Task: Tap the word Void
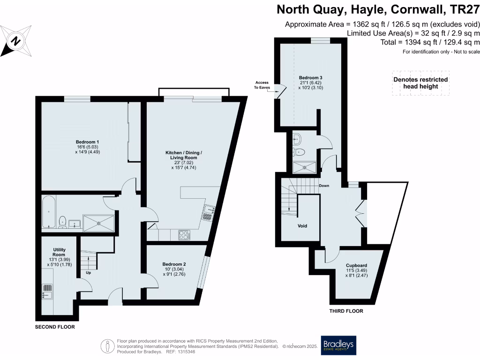tap(302, 226)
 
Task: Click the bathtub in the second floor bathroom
tap(48, 212)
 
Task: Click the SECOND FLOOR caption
tap(55, 327)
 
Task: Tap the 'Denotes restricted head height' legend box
tap(420, 83)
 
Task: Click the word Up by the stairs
tap(88, 272)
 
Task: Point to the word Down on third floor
tap(324, 186)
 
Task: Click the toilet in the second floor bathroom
tap(62, 220)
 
